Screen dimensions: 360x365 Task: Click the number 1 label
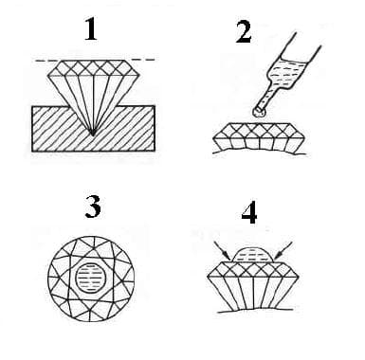91,30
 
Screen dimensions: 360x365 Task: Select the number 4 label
248,213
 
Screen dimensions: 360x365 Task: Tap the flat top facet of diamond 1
91,62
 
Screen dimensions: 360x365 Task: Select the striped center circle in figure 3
91,275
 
